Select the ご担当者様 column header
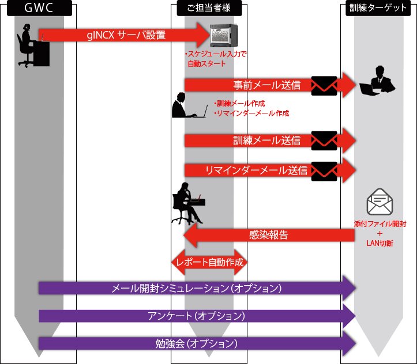[209, 9]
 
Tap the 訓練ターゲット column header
[377, 9]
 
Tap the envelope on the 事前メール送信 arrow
[324, 85]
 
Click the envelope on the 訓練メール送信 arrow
[324, 140]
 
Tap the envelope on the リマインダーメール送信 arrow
[324, 170]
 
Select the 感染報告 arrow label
[269, 234]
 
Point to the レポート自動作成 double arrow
[210, 263]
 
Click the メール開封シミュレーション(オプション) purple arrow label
[196, 287]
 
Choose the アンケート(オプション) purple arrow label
[196, 316]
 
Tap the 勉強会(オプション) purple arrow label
[196, 343]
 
